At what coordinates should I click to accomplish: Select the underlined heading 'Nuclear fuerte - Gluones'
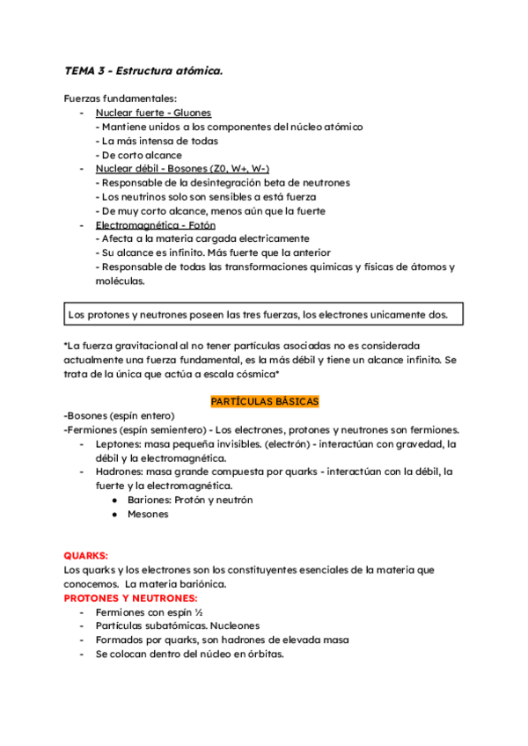pyautogui.click(x=152, y=113)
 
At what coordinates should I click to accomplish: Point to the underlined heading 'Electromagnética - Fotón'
pyautogui.click(x=154, y=224)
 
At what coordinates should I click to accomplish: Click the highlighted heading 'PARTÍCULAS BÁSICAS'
pyautogui.click(x=264, y=401)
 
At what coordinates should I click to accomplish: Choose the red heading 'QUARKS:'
pyautogui.click(x=86, y=556)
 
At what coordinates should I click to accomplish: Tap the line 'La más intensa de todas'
pyautogui.click(x=157, y=141)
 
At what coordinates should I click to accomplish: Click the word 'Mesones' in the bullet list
pyautogui.click(x=148, y=514)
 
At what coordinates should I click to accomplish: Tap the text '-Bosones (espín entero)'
pyautogui.click(x=120, y=415)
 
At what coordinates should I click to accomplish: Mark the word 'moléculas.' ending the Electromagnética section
pyautogui.click(x=121, y=282)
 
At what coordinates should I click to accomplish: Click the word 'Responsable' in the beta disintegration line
pyautogui.click(x=132, y=183)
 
